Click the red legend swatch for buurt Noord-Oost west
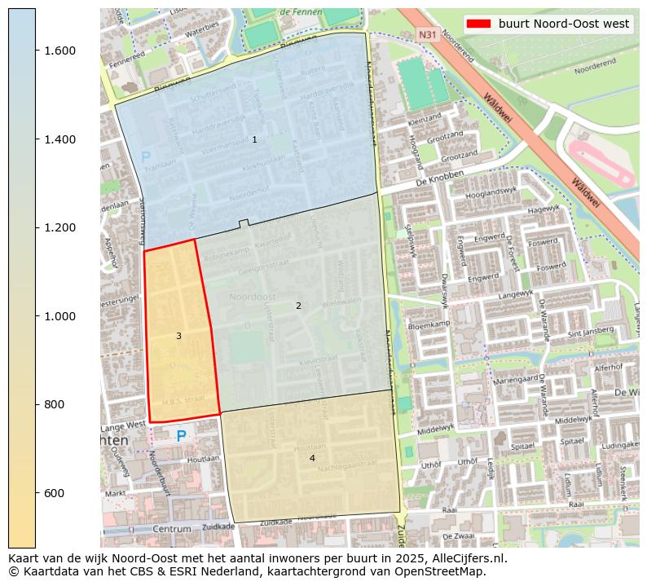click(x=479, y=24)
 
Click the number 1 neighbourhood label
click(x=254, y=140)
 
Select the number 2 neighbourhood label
click(x=298, y=306)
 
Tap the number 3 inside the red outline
click(x=178, y=336)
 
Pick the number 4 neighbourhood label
click(x=312, y=458)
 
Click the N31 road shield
click(x=427, y=35)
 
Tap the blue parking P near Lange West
click(x=181, y=436)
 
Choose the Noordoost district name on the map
click(x=252, y=296)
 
